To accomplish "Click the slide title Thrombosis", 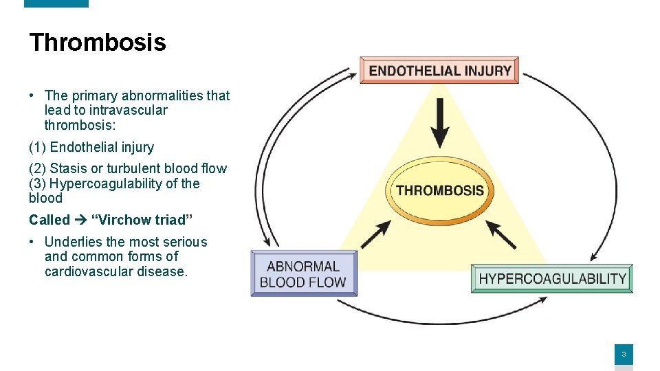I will (x=97, y=43).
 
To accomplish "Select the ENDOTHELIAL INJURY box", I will (x=439, y=70).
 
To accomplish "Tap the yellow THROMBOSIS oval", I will (x=439, y=190).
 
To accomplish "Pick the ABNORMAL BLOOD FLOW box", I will (x=303, y=274).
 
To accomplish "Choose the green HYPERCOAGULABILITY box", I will (x=552, y=279).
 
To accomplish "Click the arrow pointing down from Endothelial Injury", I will (x=440, y=124).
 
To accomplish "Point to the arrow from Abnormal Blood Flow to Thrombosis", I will (x=375, y=234).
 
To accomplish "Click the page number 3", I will (x=623, y=355).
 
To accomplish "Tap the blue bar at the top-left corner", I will (x=56, y=3).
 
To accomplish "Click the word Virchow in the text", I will (x=122, y=220).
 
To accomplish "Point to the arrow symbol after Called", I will (x=80, y=220).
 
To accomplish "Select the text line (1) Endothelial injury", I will (x=91, y=147).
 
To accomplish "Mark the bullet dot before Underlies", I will (x=33, y=242).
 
